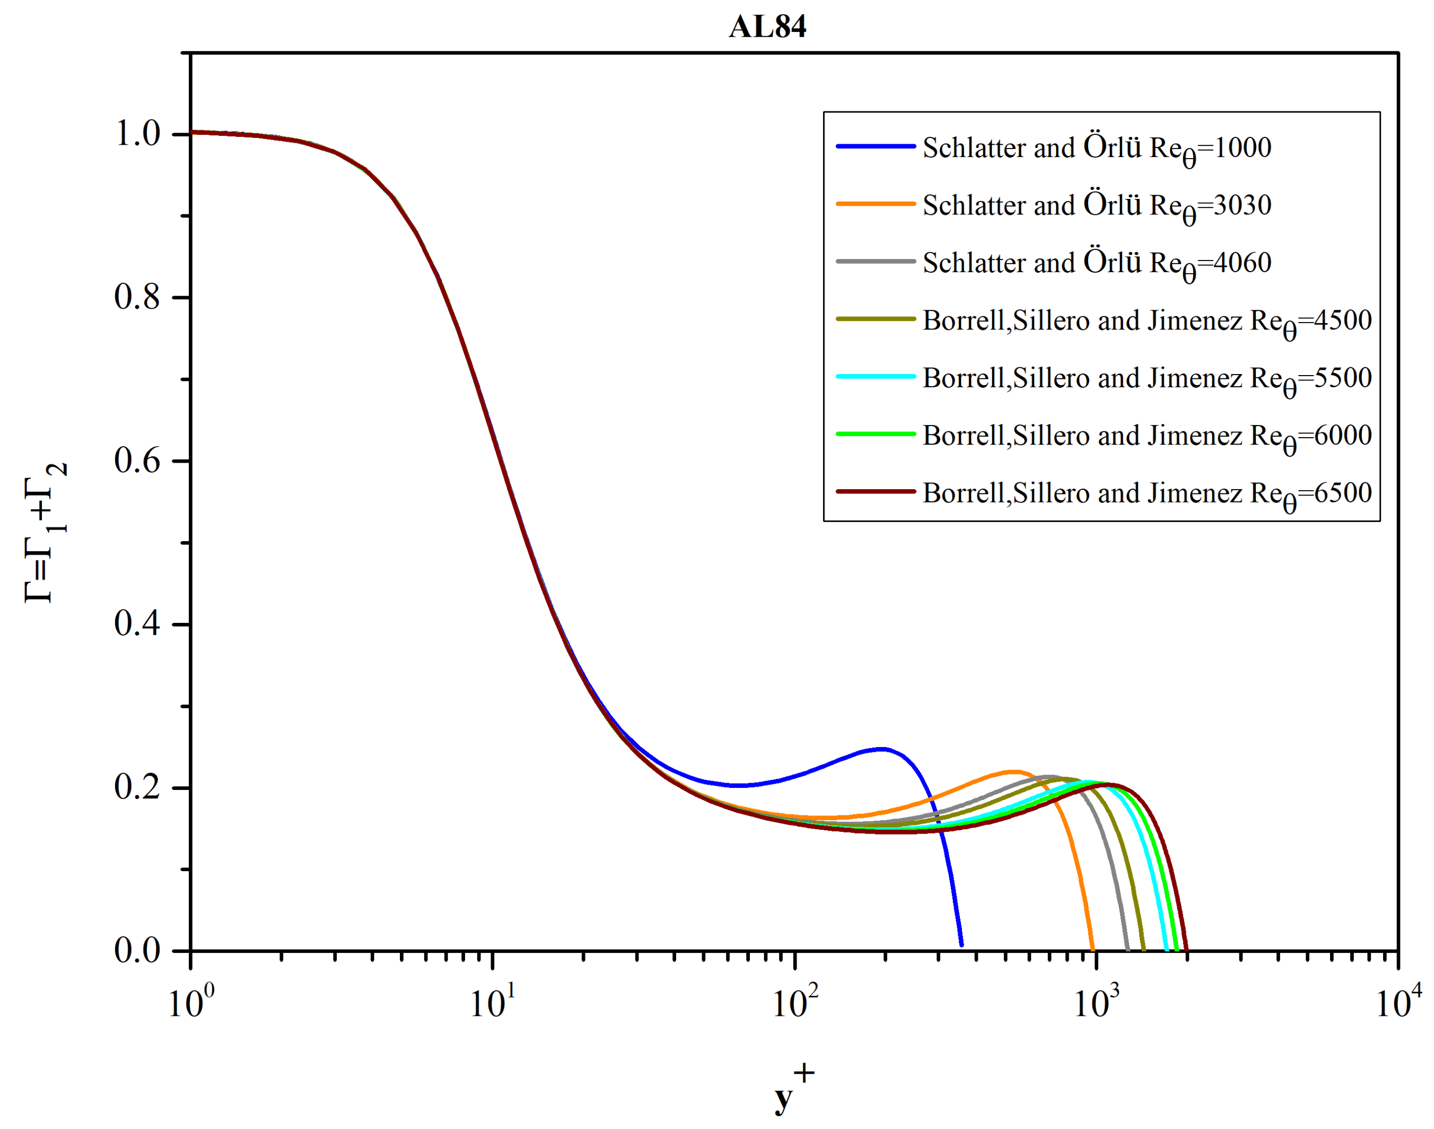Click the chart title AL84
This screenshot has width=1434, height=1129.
point(767,27)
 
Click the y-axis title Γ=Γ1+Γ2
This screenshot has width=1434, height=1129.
point(45,533)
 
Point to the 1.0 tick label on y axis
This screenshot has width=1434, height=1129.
point(137,134)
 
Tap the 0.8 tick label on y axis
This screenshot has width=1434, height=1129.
point(137,298)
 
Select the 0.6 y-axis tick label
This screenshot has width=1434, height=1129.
point(137,461)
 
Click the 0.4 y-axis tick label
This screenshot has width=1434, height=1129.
point(137,624)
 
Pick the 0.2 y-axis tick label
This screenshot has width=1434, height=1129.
point(137,788)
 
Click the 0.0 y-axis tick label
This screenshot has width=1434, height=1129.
point(137,951)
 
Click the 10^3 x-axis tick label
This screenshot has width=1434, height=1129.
point(1096,1003)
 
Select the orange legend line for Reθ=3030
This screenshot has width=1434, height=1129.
point(876,204)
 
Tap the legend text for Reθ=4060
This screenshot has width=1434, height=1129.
point(1096,263)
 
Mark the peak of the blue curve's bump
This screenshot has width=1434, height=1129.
point(881,749)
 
